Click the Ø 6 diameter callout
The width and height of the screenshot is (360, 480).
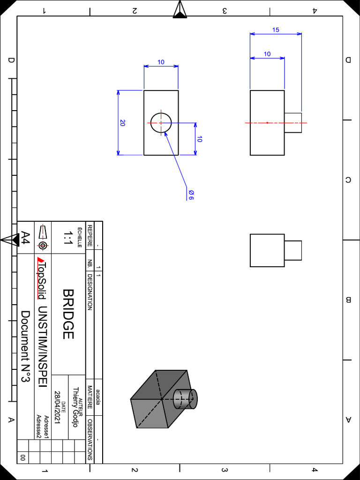click(191, 195)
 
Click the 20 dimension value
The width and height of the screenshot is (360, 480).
click(122, 123)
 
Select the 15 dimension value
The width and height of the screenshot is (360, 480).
click(276, 30)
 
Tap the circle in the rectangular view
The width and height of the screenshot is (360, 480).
click(161, 123)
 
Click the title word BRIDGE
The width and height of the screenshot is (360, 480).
click(68, 314)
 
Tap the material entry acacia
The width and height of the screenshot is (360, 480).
click(98, 397)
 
